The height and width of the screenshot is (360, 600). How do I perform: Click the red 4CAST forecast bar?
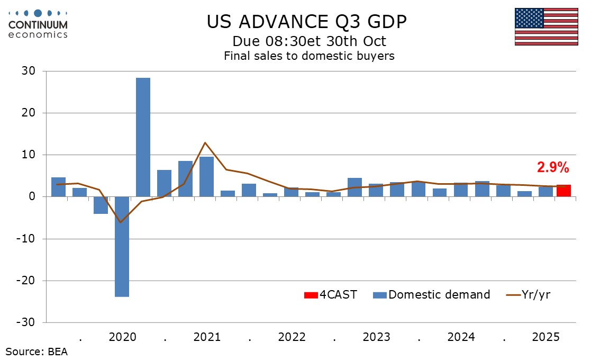563,191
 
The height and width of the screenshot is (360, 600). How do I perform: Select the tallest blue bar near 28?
143,137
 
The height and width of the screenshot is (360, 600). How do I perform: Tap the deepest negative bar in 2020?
122,246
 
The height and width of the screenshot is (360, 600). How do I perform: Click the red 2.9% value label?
553,168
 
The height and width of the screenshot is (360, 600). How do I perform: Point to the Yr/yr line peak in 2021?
205,143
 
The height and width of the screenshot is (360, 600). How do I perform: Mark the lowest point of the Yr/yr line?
122,222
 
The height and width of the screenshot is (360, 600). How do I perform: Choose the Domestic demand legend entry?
432,295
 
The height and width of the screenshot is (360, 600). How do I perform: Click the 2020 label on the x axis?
122,337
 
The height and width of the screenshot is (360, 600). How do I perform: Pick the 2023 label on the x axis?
376,337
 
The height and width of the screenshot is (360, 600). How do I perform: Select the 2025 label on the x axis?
546,337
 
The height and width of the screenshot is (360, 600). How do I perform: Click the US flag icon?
546,26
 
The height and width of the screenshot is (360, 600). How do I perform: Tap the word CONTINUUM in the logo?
38,24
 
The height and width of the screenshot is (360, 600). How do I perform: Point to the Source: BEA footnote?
37,351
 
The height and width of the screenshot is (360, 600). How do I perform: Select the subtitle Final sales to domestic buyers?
309,56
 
